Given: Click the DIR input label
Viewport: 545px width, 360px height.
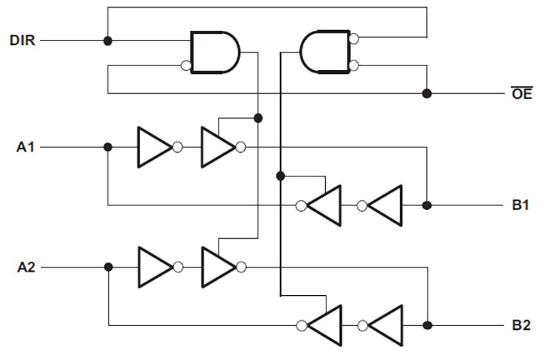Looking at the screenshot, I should (22, 40).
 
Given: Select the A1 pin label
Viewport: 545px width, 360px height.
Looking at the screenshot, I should (26, 147).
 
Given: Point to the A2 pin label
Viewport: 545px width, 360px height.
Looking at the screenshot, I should (26, 266).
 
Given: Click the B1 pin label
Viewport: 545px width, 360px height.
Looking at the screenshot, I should (521, 205).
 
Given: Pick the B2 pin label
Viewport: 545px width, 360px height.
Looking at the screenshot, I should (521, 325).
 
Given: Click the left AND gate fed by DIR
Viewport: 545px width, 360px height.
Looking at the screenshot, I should (214, 53).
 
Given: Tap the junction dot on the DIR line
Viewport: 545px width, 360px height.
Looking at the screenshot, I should (108, 40).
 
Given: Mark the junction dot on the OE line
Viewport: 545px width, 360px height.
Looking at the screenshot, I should (427, 93).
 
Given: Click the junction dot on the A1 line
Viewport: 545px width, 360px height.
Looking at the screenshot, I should (108, 147).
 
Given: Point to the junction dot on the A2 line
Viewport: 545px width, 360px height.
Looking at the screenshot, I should (108, 266).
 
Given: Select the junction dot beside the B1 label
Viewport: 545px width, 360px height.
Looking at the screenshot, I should (427, 205).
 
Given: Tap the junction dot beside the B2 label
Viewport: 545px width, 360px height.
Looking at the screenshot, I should (427, 325).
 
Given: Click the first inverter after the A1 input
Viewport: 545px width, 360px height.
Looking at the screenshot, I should (154, 147).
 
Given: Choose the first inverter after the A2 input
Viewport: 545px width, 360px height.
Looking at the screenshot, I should (154, 266).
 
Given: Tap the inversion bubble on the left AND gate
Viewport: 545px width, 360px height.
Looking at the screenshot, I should (186, 65).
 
